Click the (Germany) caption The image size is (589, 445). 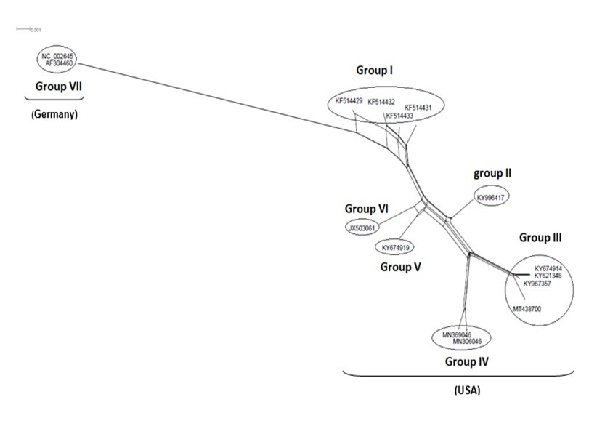54,115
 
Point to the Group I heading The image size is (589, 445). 375,71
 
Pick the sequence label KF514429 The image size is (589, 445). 349,101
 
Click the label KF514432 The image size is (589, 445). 381,102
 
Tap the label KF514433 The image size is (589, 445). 399,116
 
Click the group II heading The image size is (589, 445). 492,173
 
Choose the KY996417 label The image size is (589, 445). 491,197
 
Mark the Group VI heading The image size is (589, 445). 367,209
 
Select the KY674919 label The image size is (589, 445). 397,248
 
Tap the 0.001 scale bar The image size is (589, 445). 30,30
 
